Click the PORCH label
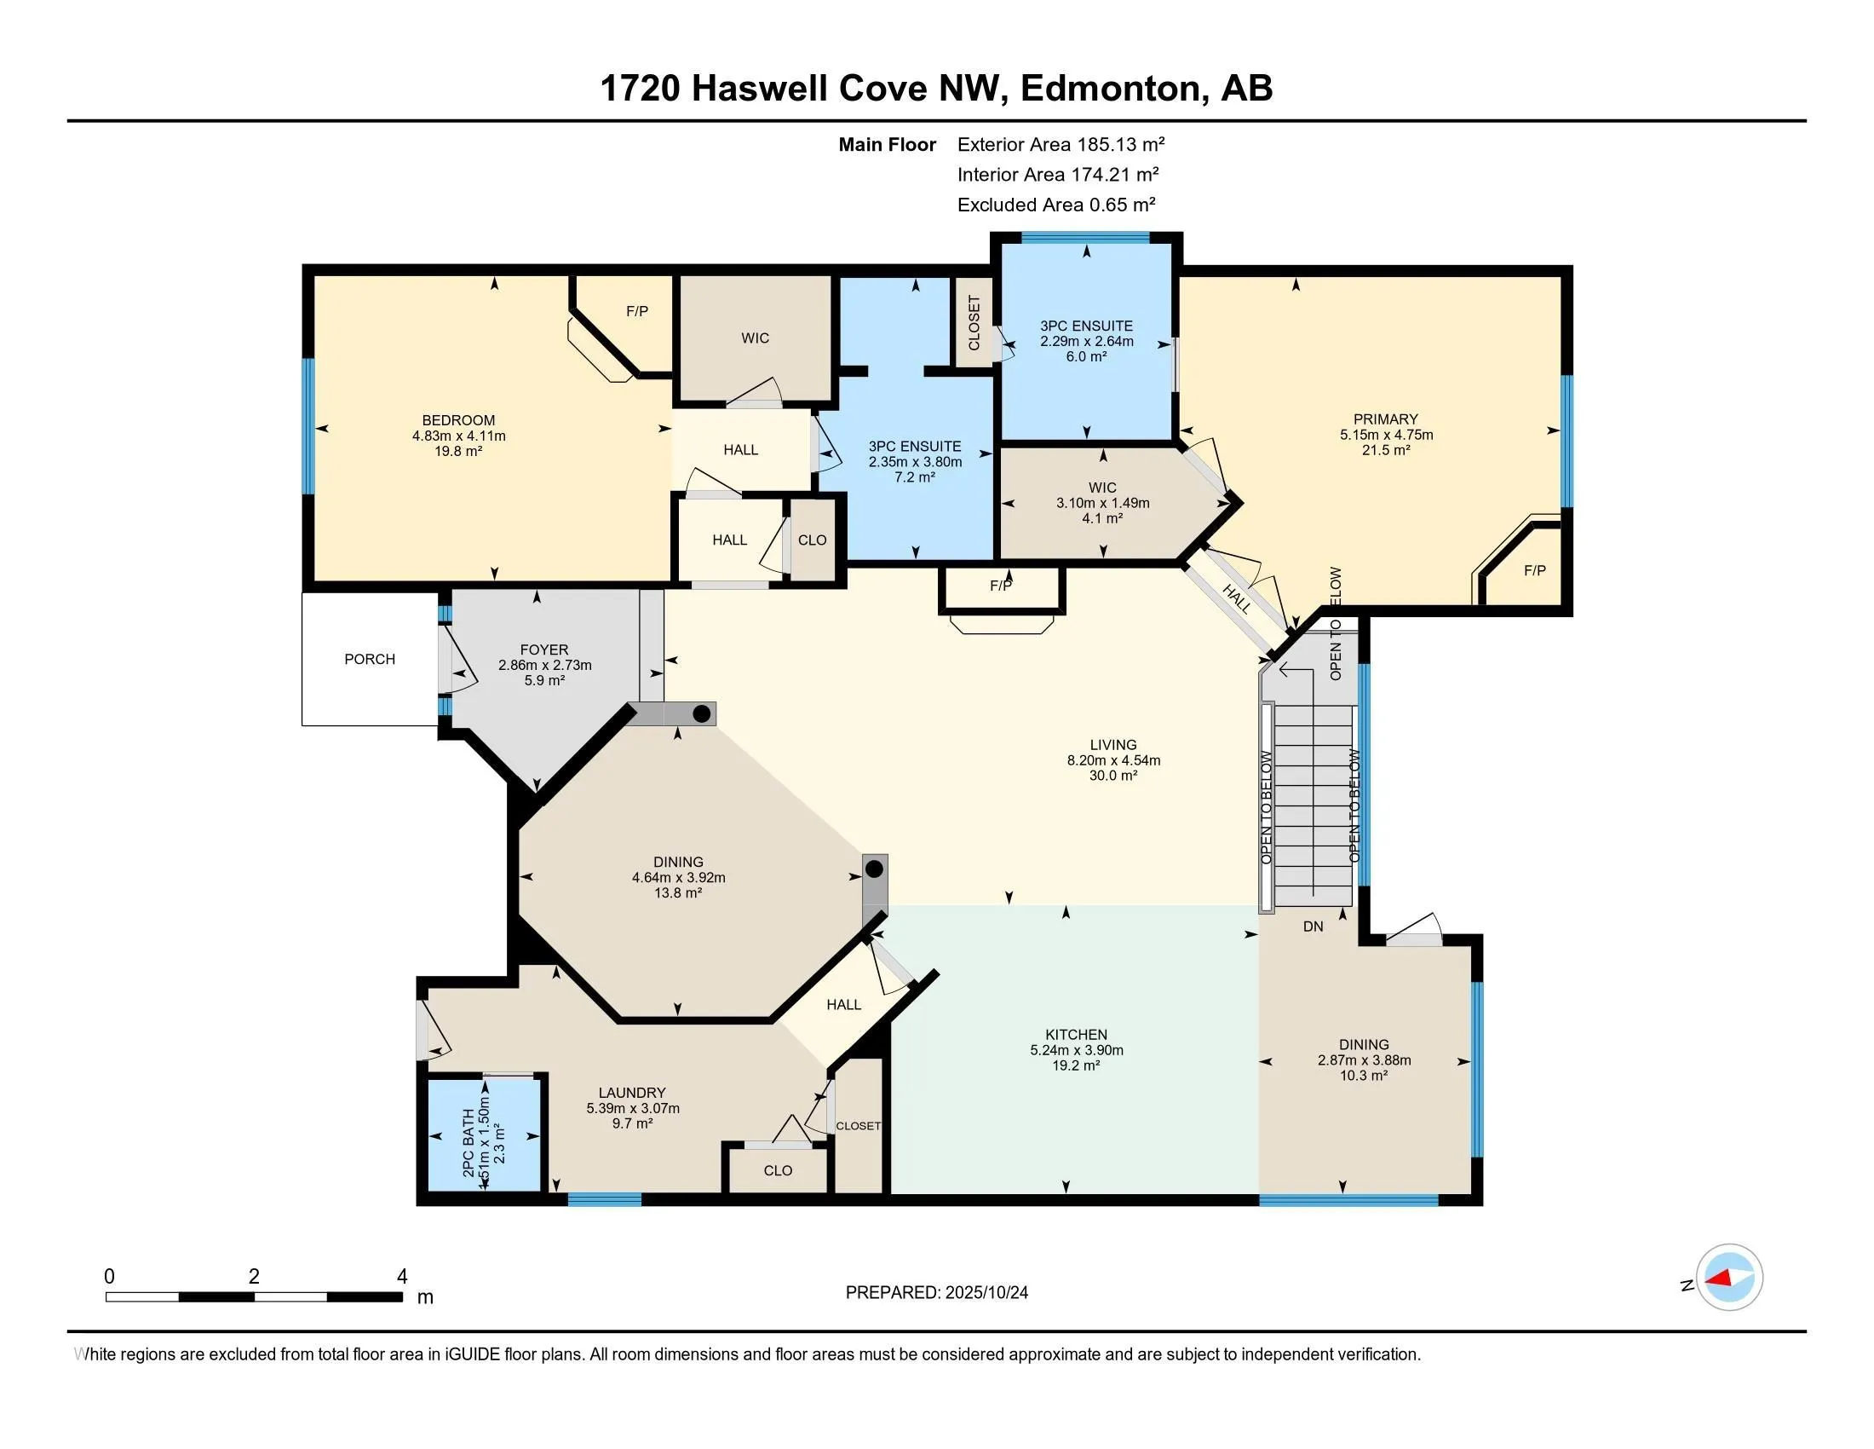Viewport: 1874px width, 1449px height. point(370,659)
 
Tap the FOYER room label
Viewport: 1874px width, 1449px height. point(544,649)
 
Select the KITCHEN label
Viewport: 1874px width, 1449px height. point(1076,1035)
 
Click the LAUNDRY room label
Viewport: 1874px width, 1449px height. point(632,1093)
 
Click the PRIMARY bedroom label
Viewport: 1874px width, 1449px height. point(1386,419)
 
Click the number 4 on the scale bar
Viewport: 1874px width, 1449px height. point(401,1277)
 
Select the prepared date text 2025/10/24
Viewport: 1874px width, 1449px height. point(985,1293)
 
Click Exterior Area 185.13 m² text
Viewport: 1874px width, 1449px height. point(1061,144)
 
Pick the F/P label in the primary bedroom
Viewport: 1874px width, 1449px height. point(1534,570)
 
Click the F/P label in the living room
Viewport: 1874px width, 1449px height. point(1001,586)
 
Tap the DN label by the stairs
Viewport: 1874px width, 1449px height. point(1313,927)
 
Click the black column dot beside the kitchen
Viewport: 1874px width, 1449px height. point(873,869)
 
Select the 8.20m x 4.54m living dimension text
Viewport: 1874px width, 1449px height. point(1113,759)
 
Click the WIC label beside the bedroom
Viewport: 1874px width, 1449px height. point(755,338)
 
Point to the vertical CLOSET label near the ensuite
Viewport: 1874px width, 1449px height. point(974,323)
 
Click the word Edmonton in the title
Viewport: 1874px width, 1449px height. point(1109,88)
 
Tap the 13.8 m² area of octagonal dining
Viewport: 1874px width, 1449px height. point(678,892)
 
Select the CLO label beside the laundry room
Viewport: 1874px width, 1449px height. point(778,1171)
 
